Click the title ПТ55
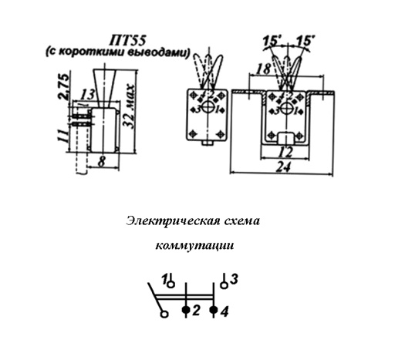[127, 40]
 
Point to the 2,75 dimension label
[63, 87]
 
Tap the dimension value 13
[88, 95]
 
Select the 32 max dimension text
[128, 106]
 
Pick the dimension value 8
[102, 162]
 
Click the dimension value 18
[264, 69]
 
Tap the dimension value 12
[285, 153]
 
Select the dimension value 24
[283, 167]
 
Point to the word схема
[242, 221]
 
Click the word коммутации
[195, 245]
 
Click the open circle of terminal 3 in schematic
[225, 285]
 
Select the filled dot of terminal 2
[186, 310]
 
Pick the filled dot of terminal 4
[214, 310]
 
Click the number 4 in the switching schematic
[225, 312]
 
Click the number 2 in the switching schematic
[196, 311]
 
